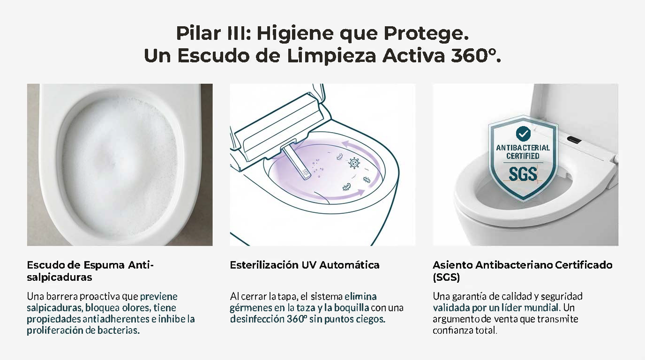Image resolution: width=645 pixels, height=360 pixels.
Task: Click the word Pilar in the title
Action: tap(198, 33)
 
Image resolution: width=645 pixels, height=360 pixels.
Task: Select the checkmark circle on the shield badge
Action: tap(523, 133)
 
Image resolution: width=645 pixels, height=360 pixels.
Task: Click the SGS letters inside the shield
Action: tap(523, 173)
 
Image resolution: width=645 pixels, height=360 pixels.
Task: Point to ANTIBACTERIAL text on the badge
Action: tap(523, 148)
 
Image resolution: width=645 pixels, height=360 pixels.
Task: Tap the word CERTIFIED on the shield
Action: tap(523, 156)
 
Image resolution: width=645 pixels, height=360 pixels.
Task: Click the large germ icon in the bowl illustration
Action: tap(354, 163)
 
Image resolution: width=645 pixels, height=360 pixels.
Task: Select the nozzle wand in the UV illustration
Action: tap(297, 163)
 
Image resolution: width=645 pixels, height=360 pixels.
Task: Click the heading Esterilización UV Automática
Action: tap(305, 265)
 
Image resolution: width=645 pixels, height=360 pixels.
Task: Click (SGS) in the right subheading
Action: tap(446, 277)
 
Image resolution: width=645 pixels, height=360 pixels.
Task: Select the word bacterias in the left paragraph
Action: tap(118, 330)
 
